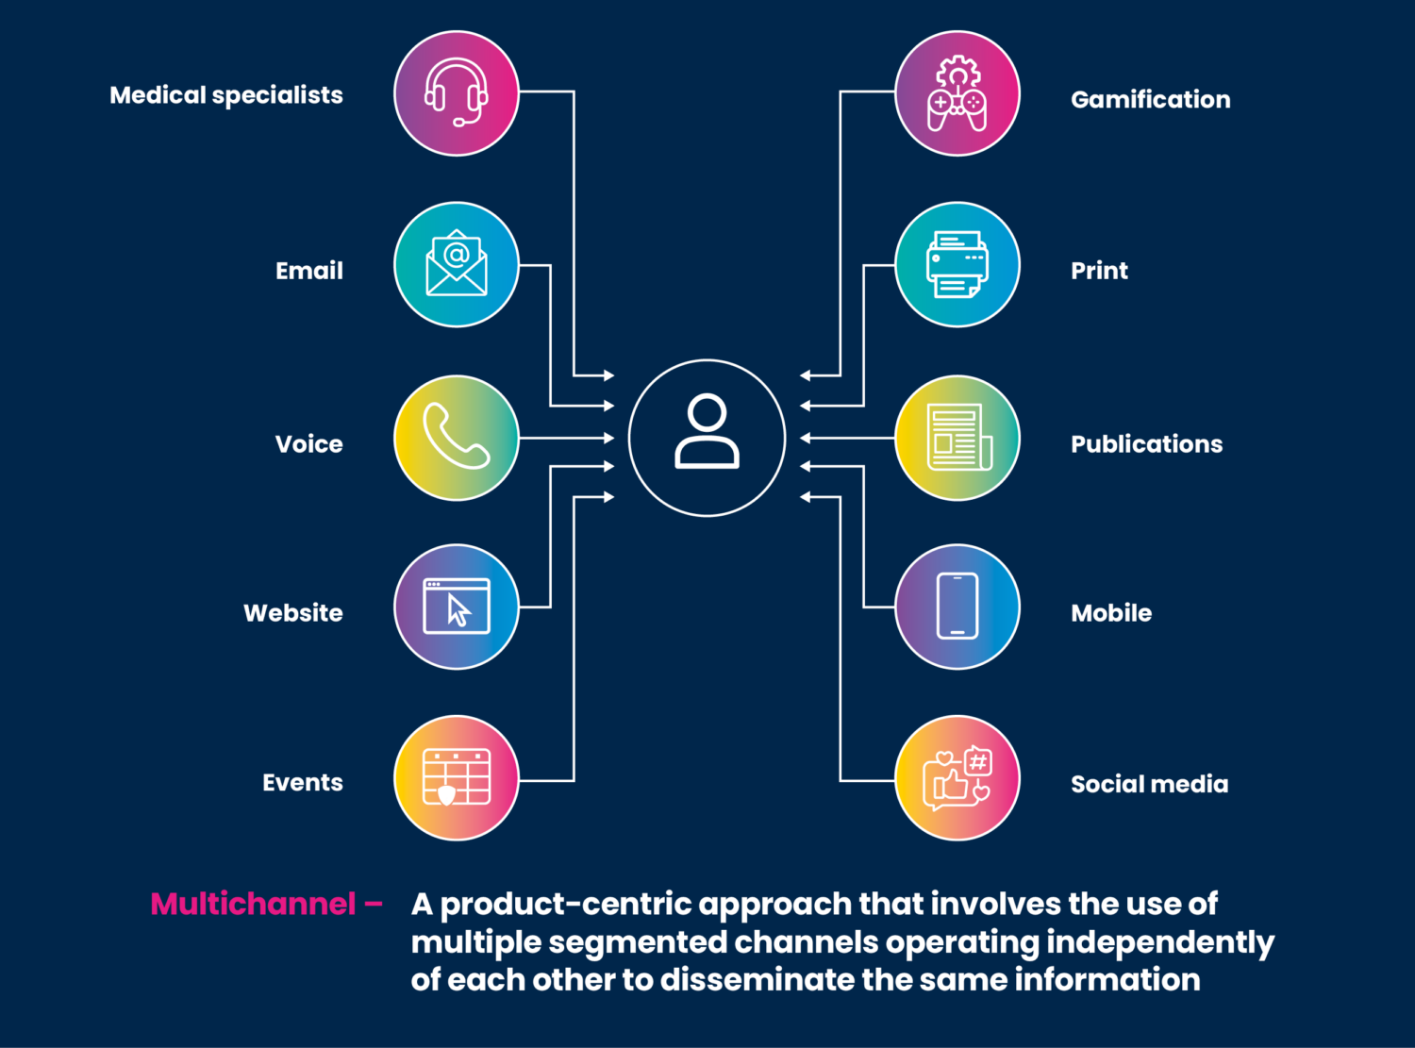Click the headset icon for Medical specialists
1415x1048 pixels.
click(457, 93)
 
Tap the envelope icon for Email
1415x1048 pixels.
click(457, 264)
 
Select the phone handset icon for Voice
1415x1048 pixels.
click(457, 438)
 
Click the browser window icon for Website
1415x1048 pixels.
click(457, 607)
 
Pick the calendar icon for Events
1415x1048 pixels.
click(457, 777)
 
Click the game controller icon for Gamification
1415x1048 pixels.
click(957, 93)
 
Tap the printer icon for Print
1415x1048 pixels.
click(957, 264)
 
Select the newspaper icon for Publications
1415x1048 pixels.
click(958, 438)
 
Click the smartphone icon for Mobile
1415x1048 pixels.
click(957, 607)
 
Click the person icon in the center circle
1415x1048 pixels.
click(707, 433)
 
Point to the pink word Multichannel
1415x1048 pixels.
click(253, 904)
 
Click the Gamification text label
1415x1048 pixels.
click(1150, 100)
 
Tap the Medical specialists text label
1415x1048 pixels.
click(226, 95)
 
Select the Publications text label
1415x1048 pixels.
click(1146, 444)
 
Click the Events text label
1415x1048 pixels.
click(302, 783)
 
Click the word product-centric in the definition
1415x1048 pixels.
click(566, 905)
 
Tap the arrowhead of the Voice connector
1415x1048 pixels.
click(608, 438)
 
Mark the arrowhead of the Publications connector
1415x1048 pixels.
click(806, 438)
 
